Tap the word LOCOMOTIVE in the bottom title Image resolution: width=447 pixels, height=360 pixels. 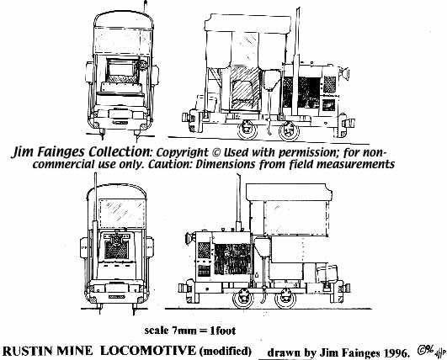(x=148, y=350)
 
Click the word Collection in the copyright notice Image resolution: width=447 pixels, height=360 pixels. (x=119, y=151)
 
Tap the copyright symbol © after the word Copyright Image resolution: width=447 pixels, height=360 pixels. (x=216, y=152)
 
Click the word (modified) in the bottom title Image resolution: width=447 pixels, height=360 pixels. (x=226, y=351)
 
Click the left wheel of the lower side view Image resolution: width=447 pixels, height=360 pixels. (x=243, y=299)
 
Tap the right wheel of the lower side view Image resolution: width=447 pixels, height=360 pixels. (x=285, y=299)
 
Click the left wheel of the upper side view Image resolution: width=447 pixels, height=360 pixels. (x=247, y=130)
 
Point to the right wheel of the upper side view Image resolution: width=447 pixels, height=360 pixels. (x=289, y=130)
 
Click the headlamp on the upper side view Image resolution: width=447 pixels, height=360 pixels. (x=343, y=73)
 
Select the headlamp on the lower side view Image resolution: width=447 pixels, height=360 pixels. (x=189, y=239)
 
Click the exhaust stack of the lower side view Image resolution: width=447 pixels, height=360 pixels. (x=238, y=203)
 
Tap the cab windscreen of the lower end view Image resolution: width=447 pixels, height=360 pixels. (x=122, y=214)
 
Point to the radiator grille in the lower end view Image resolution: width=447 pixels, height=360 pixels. (x=116, y=250)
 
